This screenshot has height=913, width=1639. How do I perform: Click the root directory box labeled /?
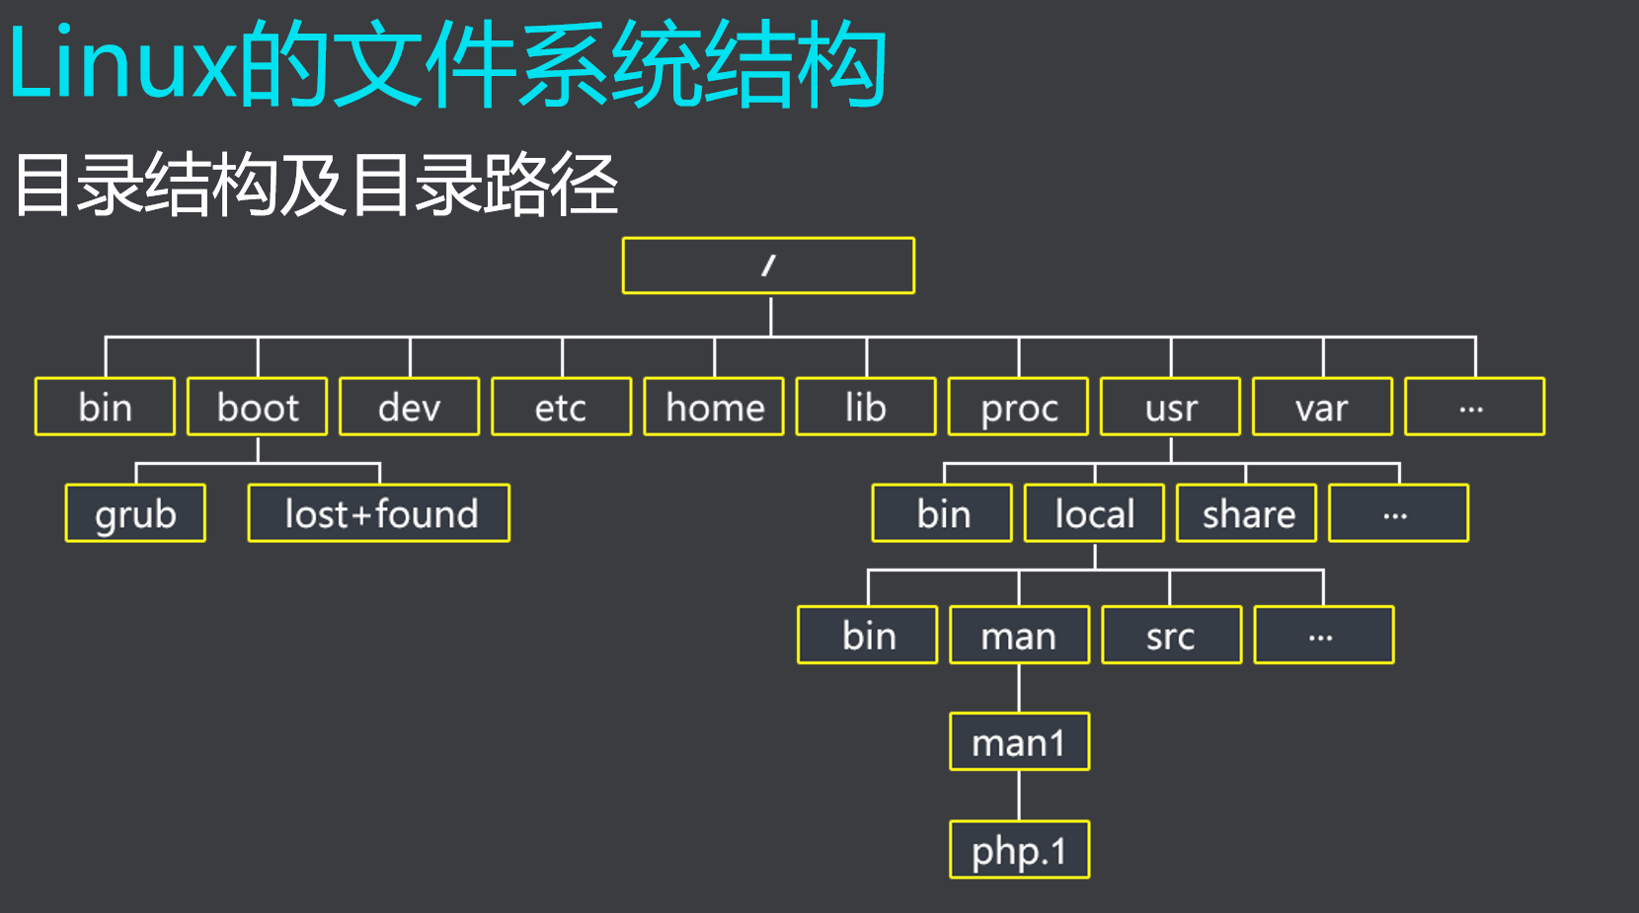pos(768,266)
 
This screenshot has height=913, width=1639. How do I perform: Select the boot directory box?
pos(258,407)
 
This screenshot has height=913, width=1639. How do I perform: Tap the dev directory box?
pos(410,407)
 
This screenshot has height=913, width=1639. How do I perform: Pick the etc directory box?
pos(562,407)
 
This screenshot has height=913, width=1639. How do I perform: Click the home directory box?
pos(714,407)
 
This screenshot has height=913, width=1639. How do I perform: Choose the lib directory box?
pos(866,407)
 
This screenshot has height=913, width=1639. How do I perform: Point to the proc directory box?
pos(1018,407)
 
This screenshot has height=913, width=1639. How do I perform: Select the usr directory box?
pos(1171,407)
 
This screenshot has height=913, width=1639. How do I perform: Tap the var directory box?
pos(1323,407)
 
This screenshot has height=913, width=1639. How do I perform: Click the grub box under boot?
pos(135,513)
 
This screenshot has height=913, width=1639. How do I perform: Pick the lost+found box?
pos(379,513)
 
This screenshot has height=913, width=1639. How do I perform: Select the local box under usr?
pos(1095,513)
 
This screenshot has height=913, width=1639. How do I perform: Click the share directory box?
pos(1247,513)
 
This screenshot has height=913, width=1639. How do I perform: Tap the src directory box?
pos(1172,636)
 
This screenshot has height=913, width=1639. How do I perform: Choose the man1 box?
pos(1020,742)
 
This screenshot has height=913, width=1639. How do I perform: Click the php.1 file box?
pos(1020,850)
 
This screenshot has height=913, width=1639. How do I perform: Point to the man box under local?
pos(1020,636)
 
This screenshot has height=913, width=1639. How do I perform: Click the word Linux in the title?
pos(120,65)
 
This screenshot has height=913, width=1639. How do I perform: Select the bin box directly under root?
pos(105,407)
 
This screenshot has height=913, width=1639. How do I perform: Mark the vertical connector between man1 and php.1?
pos(1019,796)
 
